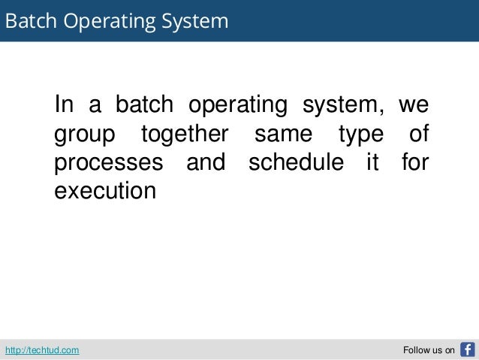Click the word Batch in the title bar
[30, 20]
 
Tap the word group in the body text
[85, 136]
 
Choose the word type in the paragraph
[360, 136]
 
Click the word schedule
[298, 162]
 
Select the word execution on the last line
[105, 190]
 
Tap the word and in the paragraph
[205, 162]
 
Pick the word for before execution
[414, 162]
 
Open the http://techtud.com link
[43, 350]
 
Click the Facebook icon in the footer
[467, 349]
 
